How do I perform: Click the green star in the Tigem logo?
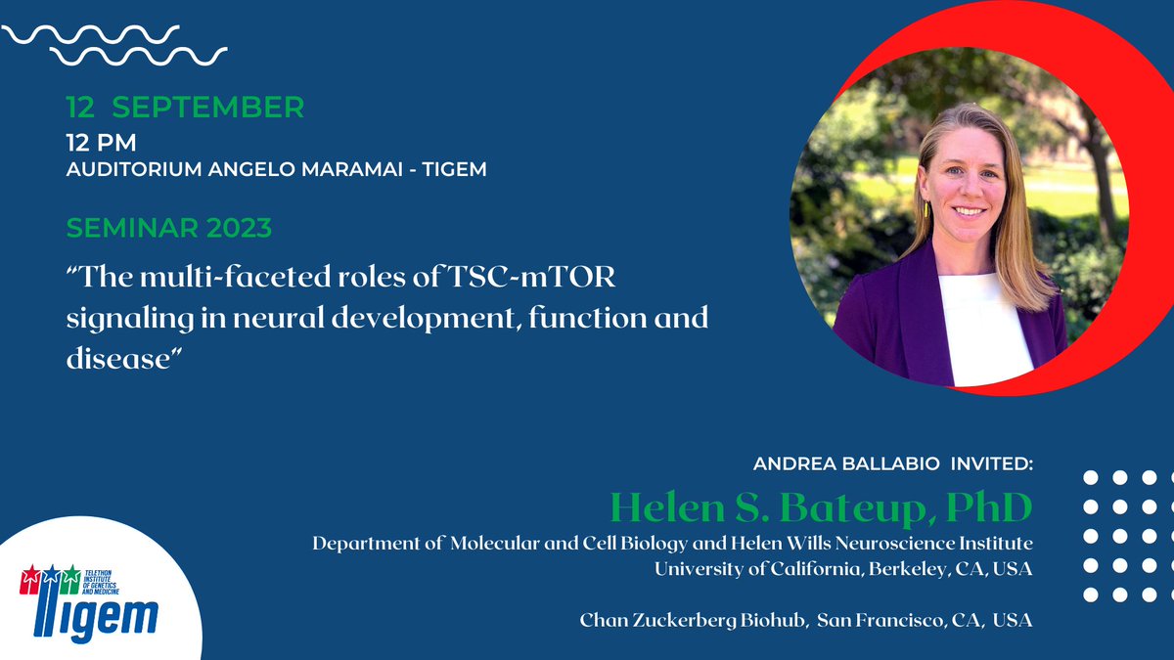point(68,576)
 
